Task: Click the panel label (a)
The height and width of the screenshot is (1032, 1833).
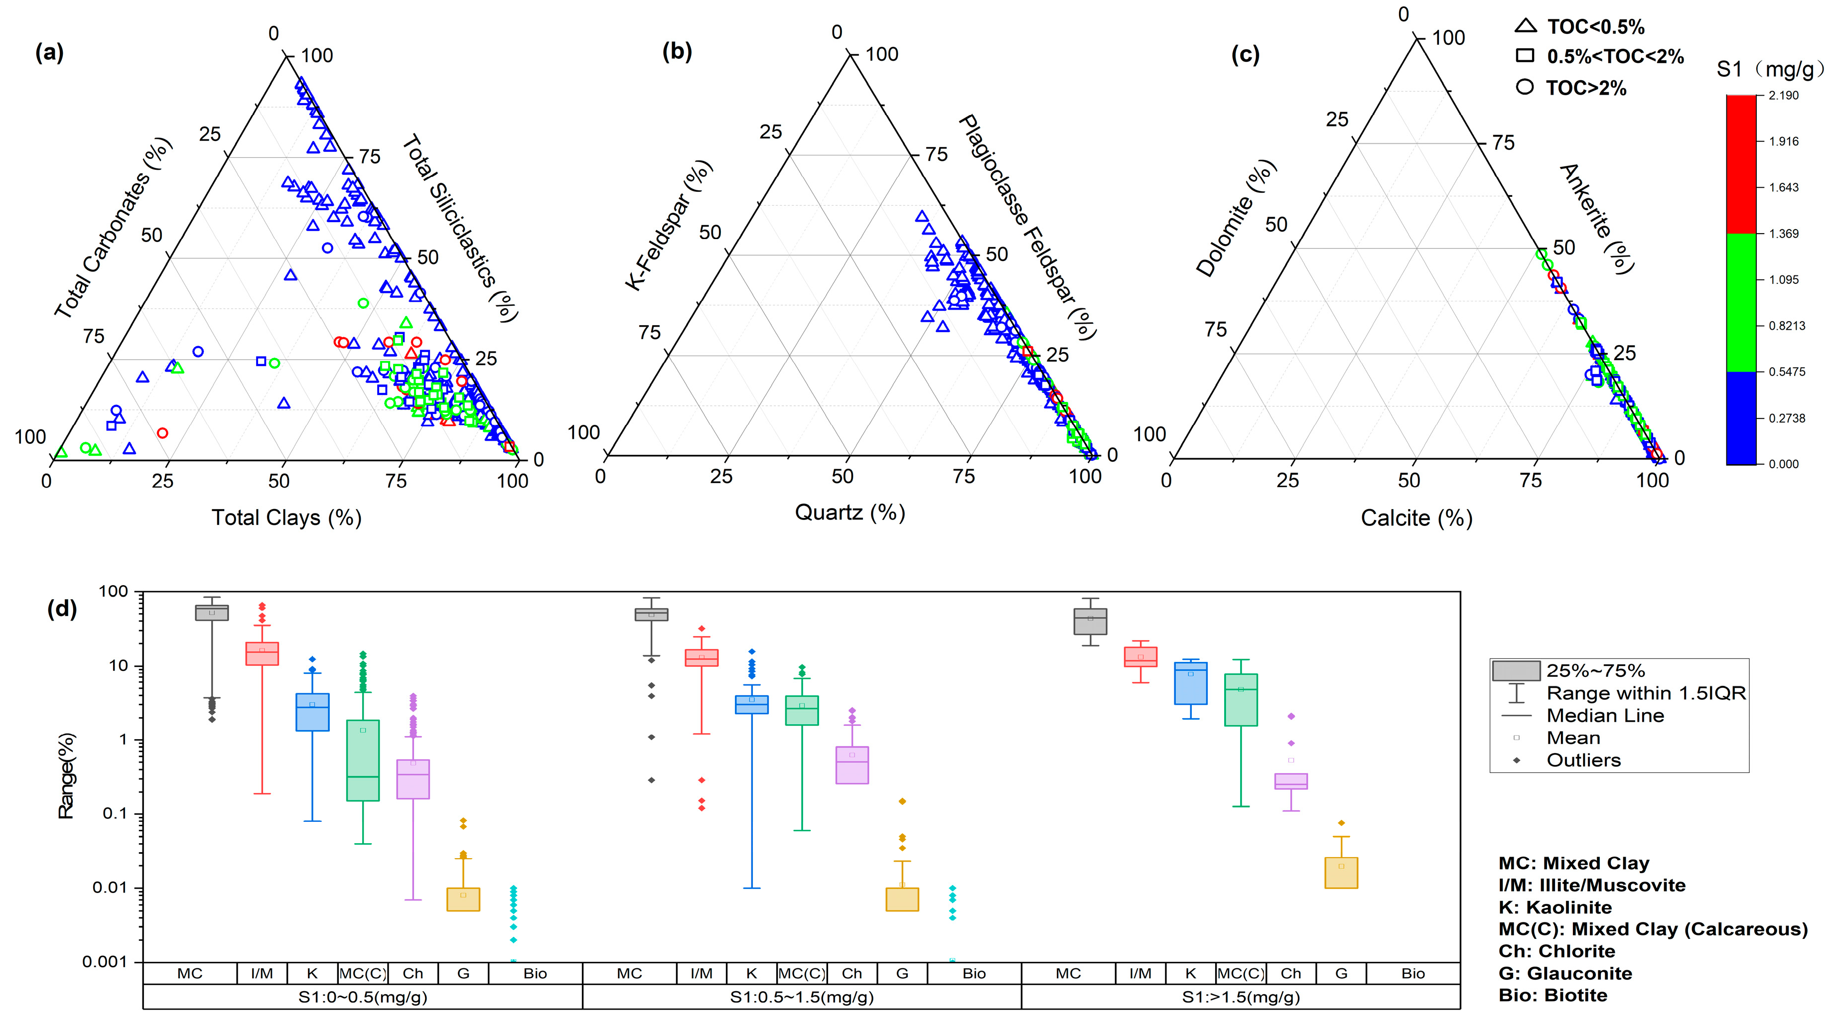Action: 49,53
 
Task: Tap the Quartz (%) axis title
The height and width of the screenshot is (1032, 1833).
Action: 849,512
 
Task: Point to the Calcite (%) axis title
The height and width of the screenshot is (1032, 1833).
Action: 1416,518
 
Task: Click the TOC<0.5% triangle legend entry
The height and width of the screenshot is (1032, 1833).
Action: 1580,27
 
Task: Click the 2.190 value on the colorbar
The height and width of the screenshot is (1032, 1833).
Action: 1783,95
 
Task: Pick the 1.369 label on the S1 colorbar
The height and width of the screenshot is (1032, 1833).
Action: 1783,233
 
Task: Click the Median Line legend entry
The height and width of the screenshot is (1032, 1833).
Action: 1605,716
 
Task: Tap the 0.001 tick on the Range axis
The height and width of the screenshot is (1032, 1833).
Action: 105,962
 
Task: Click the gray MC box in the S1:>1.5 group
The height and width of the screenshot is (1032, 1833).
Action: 1090,622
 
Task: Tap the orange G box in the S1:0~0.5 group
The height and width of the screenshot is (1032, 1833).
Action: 463,900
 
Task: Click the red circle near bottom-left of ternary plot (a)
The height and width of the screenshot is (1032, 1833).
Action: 162,433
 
